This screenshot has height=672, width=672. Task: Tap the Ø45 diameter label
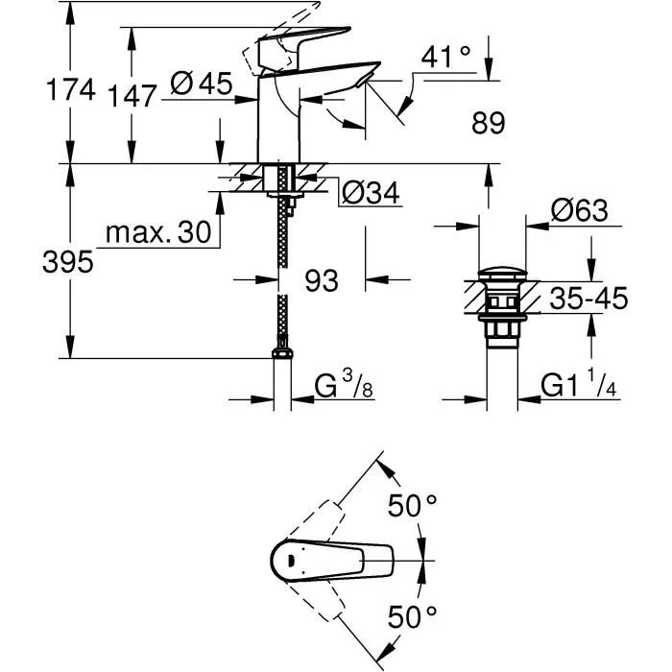(202, 84)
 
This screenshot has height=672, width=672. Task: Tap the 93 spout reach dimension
(322, 281)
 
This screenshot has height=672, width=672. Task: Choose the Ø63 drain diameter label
(579, 211)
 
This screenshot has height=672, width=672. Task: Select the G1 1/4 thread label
(579, 386)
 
